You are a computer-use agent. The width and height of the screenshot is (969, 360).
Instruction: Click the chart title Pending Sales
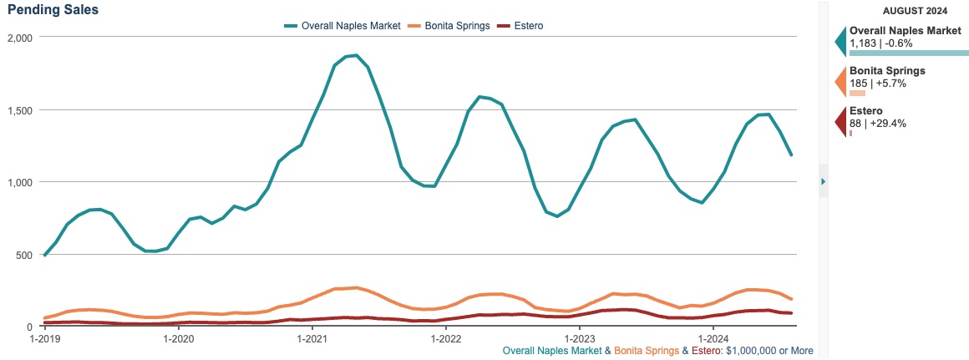click(x=52, y=10)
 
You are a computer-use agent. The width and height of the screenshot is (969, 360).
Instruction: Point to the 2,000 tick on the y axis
click(x=18, y=38)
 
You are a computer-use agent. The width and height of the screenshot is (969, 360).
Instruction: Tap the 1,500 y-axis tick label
click(x=18, y=110)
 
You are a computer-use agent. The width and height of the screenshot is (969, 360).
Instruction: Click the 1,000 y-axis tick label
click(x=18, y=182)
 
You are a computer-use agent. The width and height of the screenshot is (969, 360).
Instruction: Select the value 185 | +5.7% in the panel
click(x=878, y=84)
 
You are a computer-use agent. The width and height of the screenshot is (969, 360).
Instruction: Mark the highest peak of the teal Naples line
click(x=356, y=55)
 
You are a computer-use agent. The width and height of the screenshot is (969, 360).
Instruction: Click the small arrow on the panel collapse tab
click(x=823, y=181)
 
